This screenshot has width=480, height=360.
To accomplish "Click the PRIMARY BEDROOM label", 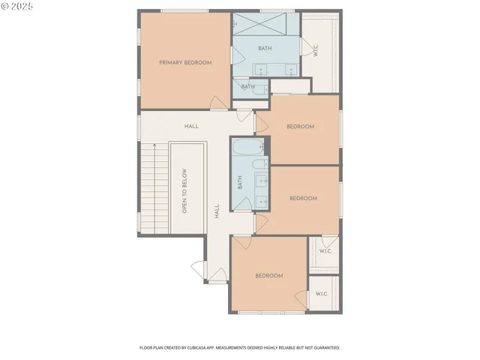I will [x=185, y=63].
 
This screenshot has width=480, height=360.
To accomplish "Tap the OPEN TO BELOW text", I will [x=184, y=191].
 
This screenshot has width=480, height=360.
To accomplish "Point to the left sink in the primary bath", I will [x=261, y=70].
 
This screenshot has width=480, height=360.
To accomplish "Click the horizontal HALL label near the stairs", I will [x=191, y=126].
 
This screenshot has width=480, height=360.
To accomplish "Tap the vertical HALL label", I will [x=216, y=211].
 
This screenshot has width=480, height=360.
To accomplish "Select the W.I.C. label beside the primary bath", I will [x=315, y=51].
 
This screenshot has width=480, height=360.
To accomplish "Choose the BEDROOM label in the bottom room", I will [x=268, y=276].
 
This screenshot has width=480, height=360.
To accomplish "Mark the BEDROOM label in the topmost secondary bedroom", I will [x=300, y=127].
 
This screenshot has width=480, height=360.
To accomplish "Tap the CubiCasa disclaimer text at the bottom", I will [x=240, y=348].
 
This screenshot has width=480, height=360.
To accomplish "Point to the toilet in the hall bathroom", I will [x=258, y=165].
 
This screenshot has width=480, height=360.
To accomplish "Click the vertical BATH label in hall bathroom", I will [x=241, y=182].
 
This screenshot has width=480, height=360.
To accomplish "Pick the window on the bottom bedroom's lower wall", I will [x=261, y=311].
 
